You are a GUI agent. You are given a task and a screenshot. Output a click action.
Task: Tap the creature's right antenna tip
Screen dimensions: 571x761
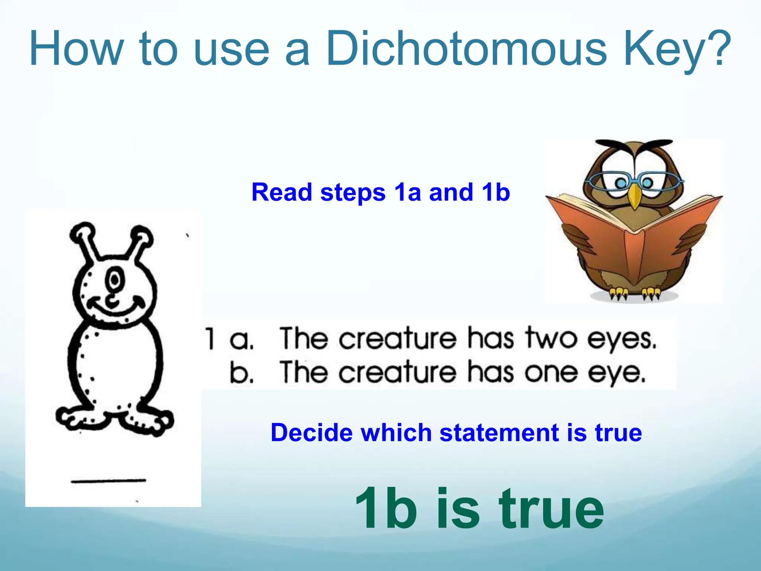(x=143, y=234)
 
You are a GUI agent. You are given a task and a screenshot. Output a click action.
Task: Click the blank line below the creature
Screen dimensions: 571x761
(x=108, y=481)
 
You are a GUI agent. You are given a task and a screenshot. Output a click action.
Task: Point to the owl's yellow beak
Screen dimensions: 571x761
(x=635, y=197)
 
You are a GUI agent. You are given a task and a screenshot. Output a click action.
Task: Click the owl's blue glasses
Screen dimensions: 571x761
(x=634, y=182)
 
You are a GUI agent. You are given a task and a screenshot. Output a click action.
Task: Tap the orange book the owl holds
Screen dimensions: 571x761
(x=634, y=238)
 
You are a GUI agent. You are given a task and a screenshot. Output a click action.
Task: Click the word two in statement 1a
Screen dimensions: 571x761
(x=551, y=338)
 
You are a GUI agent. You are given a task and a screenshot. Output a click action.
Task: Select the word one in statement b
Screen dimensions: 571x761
(x=551, y=372)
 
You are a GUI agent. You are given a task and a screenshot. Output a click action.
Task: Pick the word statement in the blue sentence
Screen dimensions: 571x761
(x=500, y=433)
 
